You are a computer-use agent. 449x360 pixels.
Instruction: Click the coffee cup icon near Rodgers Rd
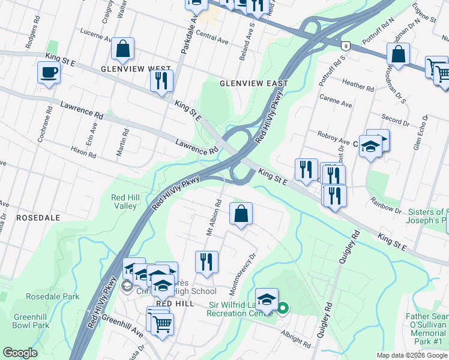coord(49,73)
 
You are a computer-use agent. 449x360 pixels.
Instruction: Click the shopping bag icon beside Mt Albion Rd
coord(241,214)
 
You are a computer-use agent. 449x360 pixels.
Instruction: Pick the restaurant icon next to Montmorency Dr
coord(206,262)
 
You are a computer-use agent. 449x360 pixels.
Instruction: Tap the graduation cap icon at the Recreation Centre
coord(267,299)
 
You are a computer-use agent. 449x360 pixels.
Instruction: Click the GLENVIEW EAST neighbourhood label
coord(254,83)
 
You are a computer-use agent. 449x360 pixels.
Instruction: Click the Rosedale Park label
coord(52,296)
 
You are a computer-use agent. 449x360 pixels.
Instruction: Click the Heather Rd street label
coord(358,85)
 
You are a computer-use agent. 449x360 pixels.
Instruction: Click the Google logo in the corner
coord(20,353)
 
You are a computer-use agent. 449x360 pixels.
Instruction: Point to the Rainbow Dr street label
coord(385,205)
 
